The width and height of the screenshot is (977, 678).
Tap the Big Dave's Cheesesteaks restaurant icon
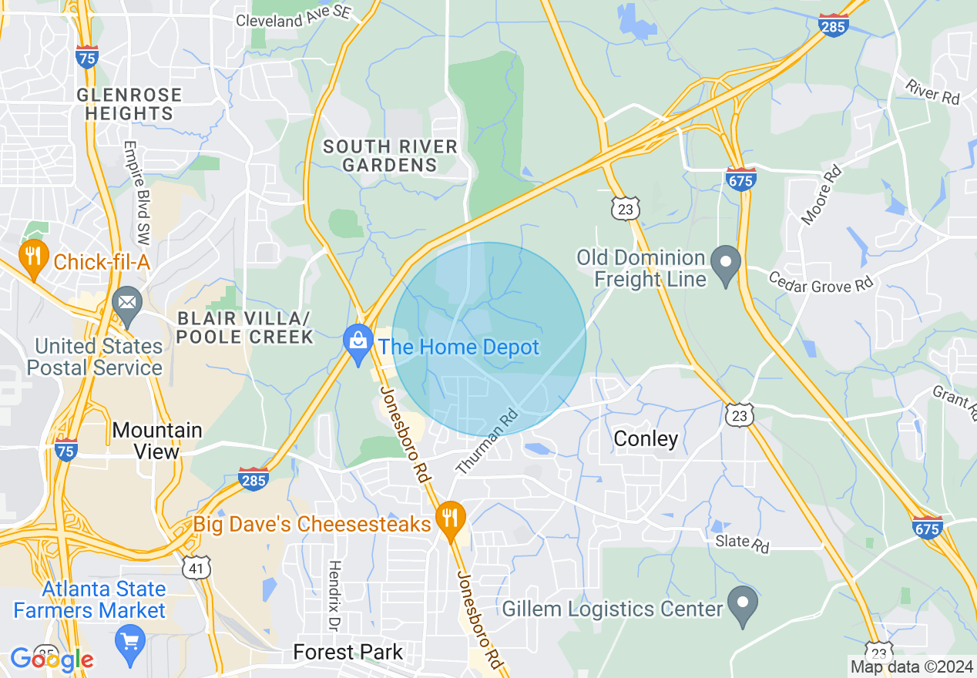pyautogui.click(x=450, y=520)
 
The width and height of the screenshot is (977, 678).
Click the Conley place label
pyautogui.click(x=646, y=438)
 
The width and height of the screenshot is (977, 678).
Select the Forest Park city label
pyautogui.click(x=348, y=653)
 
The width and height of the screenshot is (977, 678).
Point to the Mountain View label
pyautogui.click(x=157, y=440)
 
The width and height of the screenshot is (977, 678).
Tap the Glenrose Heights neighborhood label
pyautogui.click(x=129, y=104)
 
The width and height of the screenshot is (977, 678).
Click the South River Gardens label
pyautogui.click(x=390, y=155)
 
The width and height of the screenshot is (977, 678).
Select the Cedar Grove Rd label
pyautogui.click(x=821, y=281)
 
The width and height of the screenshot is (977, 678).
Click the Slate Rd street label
pyautogui.click(x=742, y=542)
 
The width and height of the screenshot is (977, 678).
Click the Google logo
pyautogui.click(x=52, y=659)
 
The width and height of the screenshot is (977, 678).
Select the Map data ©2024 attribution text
pyautogui.click(x=911, y=666)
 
